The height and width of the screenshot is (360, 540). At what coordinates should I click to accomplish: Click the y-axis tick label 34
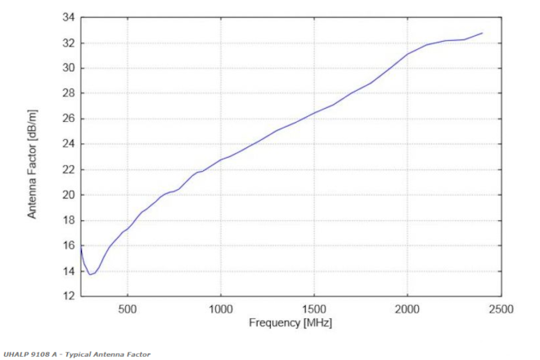(x=68, y=17)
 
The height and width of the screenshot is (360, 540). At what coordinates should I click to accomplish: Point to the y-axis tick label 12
(x=68, y=296)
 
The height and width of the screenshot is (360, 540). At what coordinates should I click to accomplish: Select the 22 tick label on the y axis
(x=68, y=169)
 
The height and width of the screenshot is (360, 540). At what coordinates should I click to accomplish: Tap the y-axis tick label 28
(x=68, y=93)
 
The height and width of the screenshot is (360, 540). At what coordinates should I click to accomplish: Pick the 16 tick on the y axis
(x=68, y=245)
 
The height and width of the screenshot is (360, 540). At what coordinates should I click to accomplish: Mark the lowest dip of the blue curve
(x=91, y=273)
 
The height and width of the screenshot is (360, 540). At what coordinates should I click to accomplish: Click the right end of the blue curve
(x=483, y=33)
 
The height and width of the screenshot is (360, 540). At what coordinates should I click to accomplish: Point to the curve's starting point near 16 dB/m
(x=81, y=245)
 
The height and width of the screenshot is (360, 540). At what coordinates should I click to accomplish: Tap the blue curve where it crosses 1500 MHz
(x=314, y=113)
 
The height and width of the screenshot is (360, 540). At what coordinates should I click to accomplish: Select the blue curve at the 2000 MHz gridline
(x=407, y=54)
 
